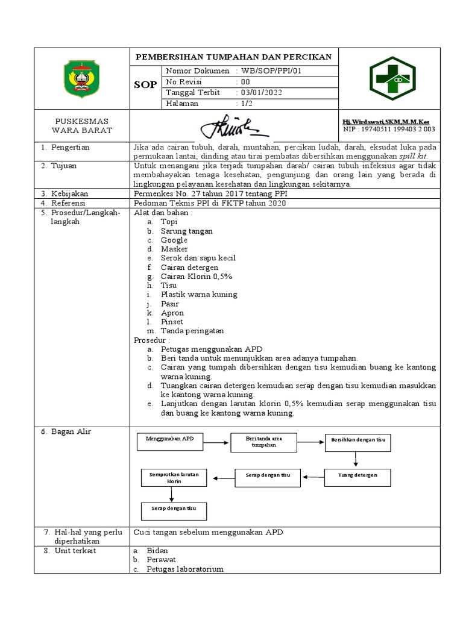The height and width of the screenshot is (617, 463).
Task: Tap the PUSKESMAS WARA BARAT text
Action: coord(82,125)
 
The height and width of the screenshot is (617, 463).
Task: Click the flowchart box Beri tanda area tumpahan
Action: coord(263,442)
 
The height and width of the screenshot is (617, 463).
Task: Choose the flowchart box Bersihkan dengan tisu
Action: coord(357,442)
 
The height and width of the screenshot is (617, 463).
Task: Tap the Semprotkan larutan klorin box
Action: coord(174,478)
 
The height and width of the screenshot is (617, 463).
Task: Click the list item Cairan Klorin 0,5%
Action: coord(196,276)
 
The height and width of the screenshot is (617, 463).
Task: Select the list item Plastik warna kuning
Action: coord(198,295)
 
